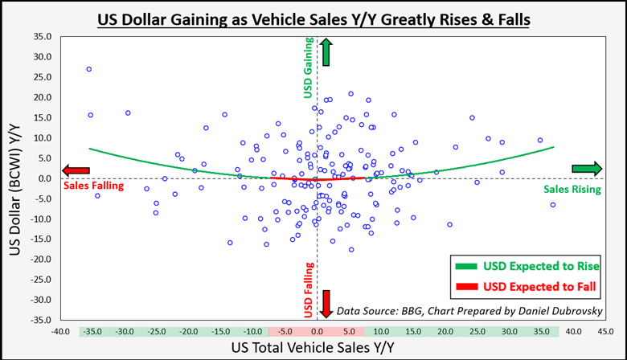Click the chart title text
(313, 18)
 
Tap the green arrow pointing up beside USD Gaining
(326, 52)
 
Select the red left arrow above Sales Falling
(77, 170)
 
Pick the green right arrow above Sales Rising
(587, 169)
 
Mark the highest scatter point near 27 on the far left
(89, 69)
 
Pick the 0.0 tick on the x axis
(318, 331)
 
